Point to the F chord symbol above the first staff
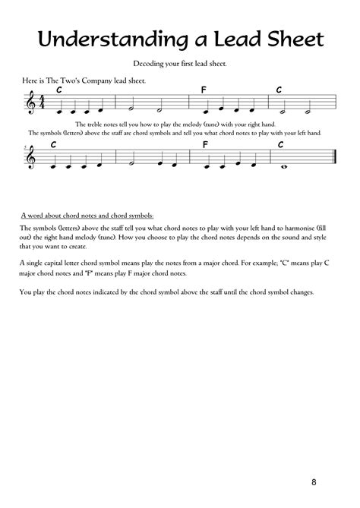tap(204, 90)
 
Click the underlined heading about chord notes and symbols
tap(87, 216)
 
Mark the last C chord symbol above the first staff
tap(279, 90)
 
